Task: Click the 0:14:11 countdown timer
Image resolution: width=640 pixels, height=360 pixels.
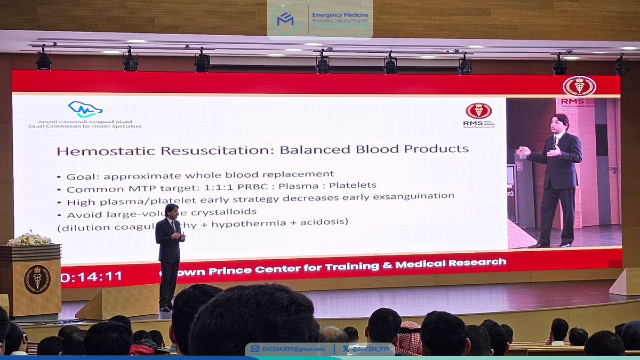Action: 91,276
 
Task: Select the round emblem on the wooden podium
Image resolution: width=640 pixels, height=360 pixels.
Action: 37,279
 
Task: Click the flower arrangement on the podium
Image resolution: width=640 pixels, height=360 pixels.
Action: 29,239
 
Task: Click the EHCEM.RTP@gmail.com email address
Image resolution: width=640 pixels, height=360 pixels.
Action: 294,349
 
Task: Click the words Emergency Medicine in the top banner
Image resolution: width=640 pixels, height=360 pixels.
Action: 340,15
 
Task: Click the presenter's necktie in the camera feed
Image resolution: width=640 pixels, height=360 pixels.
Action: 555,143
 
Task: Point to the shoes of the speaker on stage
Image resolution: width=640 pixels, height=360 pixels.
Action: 165,308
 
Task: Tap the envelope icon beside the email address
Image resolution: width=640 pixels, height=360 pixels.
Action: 255,349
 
